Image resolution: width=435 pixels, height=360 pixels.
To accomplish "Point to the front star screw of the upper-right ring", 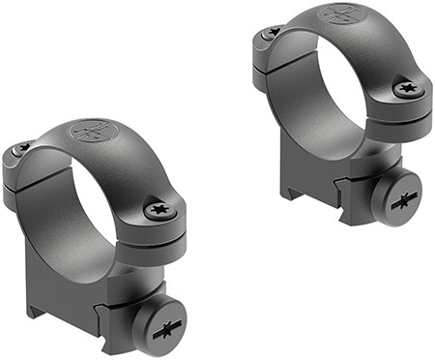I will pos(407,88).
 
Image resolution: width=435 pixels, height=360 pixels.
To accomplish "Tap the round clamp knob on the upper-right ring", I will pos(398,197).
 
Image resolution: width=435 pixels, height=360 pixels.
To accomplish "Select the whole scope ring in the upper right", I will pos(343,106).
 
